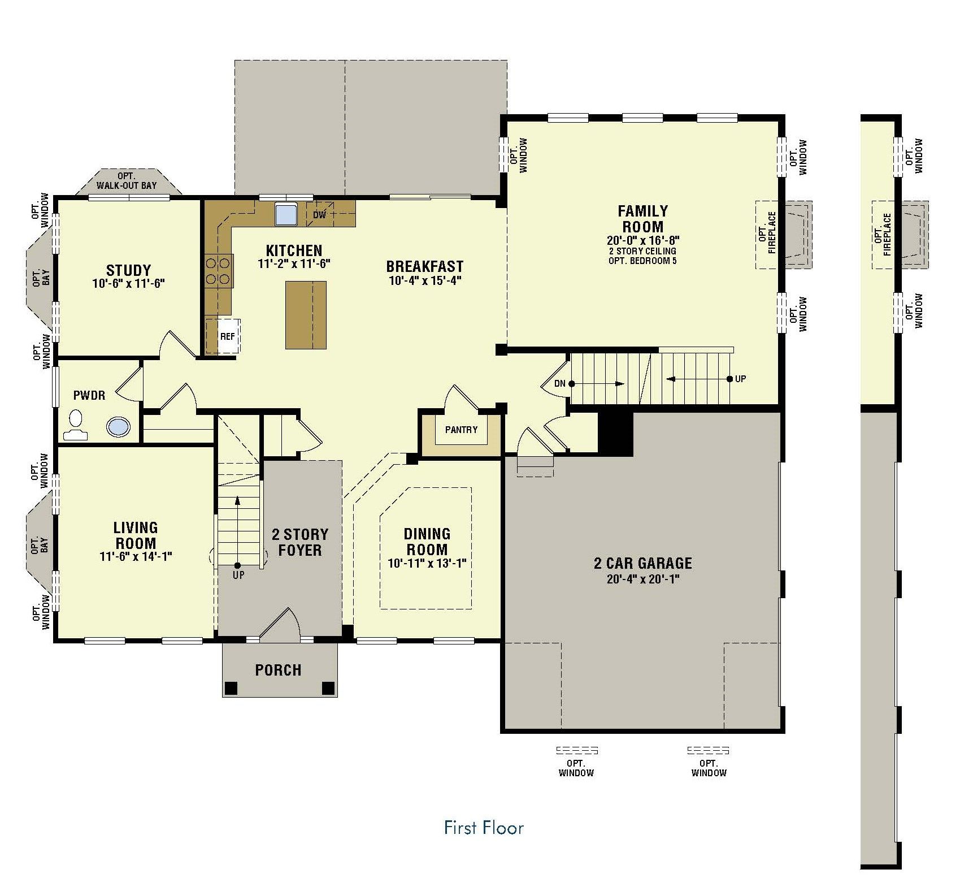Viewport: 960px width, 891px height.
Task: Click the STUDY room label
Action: click(x=128, y=270)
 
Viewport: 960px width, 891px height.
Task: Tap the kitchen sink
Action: click(x=287, y=214)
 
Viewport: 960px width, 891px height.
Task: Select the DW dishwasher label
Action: click(x=319, y=215)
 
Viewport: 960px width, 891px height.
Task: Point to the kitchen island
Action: click(x=306, y=315)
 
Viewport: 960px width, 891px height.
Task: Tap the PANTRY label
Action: click(x=461, y=430)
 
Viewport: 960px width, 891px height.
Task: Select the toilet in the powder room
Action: click(x=75, y=426)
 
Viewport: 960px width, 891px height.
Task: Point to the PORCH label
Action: click(x=278, y=671)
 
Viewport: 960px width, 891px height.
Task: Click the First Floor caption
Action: click(x=484, y=828)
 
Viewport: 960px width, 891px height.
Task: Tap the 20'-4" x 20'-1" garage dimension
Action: click(x=642, y=579)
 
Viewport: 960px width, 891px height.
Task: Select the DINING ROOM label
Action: click(x=427, y=542)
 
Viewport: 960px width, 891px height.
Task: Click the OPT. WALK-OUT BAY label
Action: click(x=127, y=181)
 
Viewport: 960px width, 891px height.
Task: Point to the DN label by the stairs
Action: click(x=559, y=383)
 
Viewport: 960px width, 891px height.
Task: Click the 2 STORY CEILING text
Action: click(x=642, y=251)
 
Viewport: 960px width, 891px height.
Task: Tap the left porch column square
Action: click(x=231, y=688)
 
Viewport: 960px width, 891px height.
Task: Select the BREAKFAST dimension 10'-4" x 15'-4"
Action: click(x=425, y=280)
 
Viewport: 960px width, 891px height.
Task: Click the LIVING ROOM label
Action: click(x=136, y=535)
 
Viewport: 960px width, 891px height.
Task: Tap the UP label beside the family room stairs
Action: click(x=740, y=379)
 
